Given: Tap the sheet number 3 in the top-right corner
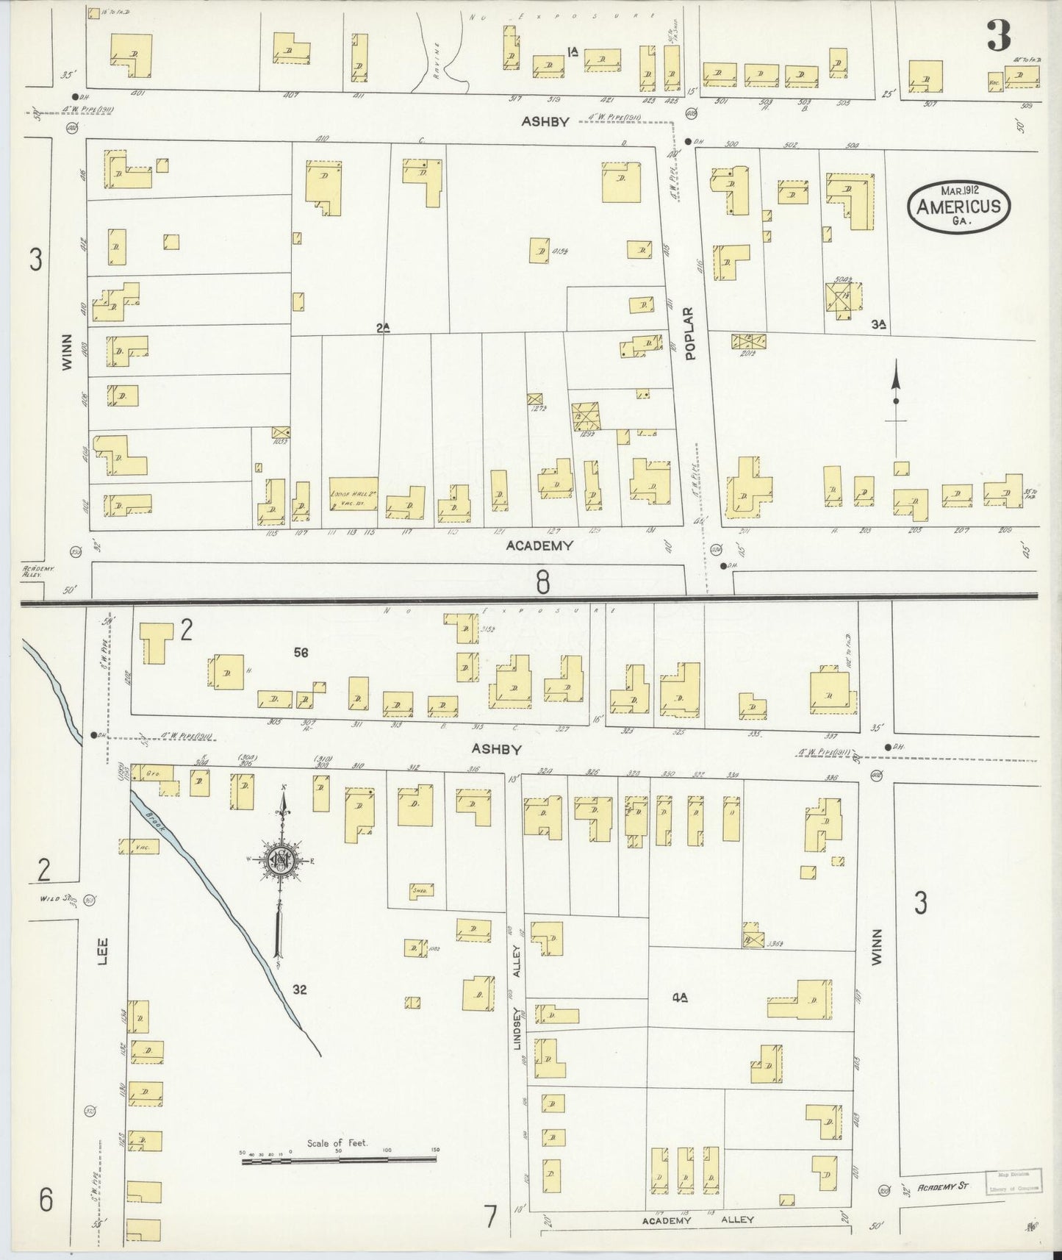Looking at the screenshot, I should pyautogui.click(x=999, y=35).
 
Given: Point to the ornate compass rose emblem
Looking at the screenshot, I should pyautogui.click(x=281, y=860).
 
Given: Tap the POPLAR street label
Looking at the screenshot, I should pyautogui.click(x=690, y=343).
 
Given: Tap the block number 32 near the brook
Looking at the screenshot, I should pyautogui.click(x=298, y=989).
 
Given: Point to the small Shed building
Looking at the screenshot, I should pyautogui.click(x=421, y=889).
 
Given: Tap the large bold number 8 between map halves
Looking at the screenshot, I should pyautogui.click(x=542, y=582).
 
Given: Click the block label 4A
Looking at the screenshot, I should pyautogui.click(x=680, y=998).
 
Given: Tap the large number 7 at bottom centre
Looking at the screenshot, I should pyautogui.click(x=489, y=1217).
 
